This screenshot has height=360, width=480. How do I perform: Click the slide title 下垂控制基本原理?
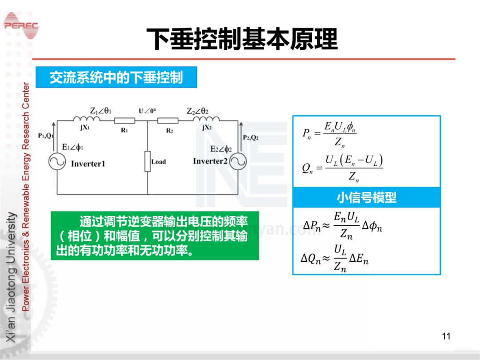click(x=242, y=40)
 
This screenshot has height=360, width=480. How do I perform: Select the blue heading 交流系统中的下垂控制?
click(x=116, y=77)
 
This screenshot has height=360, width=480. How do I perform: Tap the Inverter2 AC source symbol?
click(x=238, y=162)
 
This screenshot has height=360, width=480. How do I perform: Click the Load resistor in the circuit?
click(x=148, y=161)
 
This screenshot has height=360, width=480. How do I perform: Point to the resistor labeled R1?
click(x=124, y=120)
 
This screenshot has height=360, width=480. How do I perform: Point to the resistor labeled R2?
click(x=168, y=120)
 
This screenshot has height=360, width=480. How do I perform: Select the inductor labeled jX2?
click(x=206, y=119)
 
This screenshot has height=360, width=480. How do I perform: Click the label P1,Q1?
click(x=46, y=136)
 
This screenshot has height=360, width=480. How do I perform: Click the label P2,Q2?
click(x=251, y=138)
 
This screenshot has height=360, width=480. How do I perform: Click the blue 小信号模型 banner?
click(x=366, y=197)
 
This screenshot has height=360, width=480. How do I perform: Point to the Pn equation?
click(x=330, y=134)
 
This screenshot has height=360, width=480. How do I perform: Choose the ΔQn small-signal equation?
click(x=335, y=259)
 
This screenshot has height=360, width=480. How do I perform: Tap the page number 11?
click(x=446, y=336)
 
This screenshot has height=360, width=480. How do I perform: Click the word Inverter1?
click(x=88, y=164)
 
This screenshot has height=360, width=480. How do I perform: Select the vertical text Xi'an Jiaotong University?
click(x=12, y=278)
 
